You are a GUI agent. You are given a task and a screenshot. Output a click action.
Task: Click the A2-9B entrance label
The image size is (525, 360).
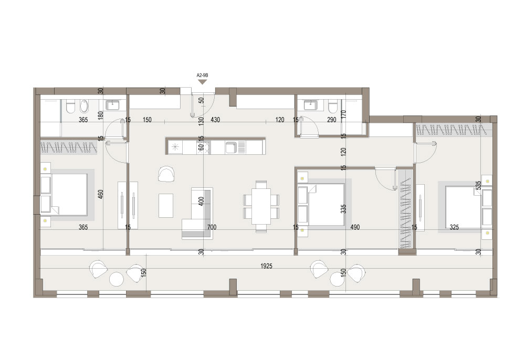tap(202, 76)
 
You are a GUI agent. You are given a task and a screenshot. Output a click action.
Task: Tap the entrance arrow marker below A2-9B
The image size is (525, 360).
tap(202, 82)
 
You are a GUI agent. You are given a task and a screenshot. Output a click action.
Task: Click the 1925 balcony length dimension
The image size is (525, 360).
tap(267, 266)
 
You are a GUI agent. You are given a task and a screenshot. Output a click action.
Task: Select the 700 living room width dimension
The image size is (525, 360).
tap(212, 227)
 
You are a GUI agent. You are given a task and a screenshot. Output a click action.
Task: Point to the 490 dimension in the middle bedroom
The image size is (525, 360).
tap(355, 227)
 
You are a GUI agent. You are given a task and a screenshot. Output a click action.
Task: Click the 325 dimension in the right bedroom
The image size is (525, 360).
tap(454, 227)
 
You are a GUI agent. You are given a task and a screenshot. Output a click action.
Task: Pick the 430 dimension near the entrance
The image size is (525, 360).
tap(215, 120)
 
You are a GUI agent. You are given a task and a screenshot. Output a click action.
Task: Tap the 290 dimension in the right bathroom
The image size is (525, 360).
tap(331, 120)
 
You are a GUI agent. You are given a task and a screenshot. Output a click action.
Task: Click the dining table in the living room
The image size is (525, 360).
tap(261, 206)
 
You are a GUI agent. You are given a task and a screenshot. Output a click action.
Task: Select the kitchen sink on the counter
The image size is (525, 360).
tap(232, 147)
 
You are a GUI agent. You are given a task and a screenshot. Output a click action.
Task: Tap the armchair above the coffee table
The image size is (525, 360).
tap(166, 174)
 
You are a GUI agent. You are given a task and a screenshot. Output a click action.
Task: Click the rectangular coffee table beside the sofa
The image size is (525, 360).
tap(166, 205)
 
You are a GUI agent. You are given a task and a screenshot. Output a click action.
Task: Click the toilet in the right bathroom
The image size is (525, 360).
tap(332, 107)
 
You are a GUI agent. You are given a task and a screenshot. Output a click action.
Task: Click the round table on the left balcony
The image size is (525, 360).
tap(117, 279)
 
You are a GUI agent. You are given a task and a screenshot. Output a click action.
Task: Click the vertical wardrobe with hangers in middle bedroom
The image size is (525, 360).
tap(405, 208)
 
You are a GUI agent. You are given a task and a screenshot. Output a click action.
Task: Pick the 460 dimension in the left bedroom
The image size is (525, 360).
tap(100, 194)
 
